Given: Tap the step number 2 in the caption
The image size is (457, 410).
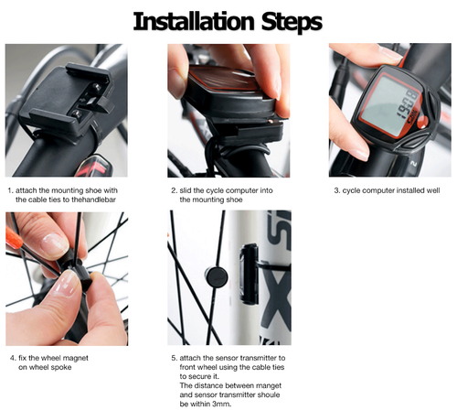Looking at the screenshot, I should [174, 189].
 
